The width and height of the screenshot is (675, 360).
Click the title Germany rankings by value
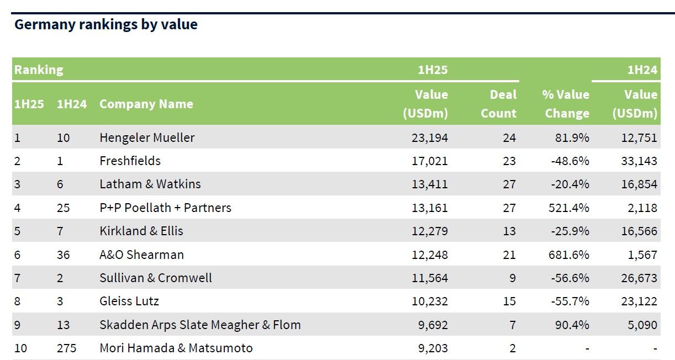coord(106,25)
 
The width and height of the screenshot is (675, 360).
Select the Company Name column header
coord(146,104)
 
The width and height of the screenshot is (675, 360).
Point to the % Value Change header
coord(566,104)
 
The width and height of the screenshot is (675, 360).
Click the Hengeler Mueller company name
coord(147,137)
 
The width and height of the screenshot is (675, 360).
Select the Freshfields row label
coord(130,161)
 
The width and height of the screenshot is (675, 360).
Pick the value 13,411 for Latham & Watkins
coord(429,184)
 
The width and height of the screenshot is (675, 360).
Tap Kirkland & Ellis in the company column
coord(141,231)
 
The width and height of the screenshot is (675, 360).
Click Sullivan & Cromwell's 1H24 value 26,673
coord(639,278)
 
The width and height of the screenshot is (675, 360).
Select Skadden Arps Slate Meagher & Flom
coord(200,325)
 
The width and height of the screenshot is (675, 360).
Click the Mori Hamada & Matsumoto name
coord(176,348)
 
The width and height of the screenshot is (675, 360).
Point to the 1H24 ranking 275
coord(66,348)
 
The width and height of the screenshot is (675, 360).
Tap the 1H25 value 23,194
coord(429,137)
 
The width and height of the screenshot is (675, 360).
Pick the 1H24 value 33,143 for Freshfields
coord(639,161)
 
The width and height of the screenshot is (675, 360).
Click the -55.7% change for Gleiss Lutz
coord(570,301)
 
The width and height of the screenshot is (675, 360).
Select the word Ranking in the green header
coord(39,70)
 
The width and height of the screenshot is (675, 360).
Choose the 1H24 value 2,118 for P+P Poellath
coord(642,208)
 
